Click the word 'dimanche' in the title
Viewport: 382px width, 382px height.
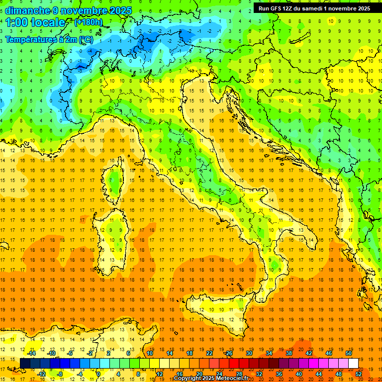tap(25, 10)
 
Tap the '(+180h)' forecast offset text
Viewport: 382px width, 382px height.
tap(88, 22)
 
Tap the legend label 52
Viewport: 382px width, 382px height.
tap(359, 374)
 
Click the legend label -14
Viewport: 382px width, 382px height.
tap(31, 353)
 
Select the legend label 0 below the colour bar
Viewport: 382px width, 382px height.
tap(98, 374)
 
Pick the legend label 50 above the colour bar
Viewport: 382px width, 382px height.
tap(348, 353)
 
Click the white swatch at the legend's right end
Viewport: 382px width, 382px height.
tap(353, 364)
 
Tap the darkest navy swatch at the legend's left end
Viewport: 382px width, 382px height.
tap(25, 364)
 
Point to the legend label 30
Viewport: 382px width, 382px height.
tap(249, 353)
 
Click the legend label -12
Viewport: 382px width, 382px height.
tap(41, 374)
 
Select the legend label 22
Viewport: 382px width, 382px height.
tap(209, 353)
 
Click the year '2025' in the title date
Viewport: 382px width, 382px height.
tap(121, 10)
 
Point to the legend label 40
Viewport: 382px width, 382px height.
tap(299, 374)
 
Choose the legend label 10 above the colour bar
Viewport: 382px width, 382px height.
tap(150, 353)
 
